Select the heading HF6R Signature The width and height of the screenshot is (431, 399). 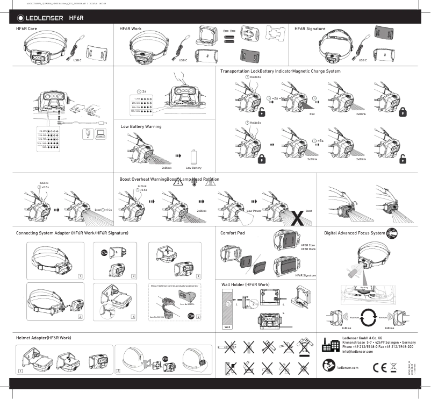[x=312, y=28]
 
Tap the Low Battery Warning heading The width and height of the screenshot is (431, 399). [x=140, y=126]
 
